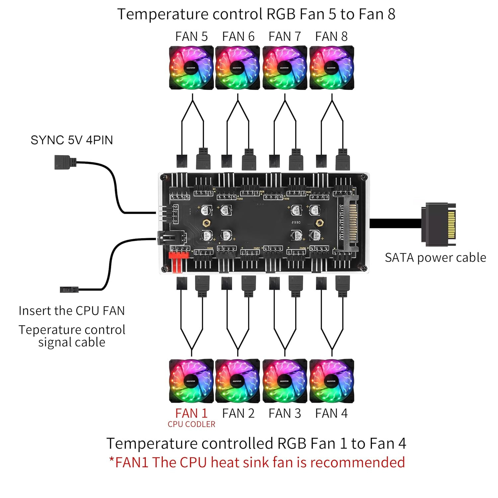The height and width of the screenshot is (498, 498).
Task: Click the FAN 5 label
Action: (191, 37)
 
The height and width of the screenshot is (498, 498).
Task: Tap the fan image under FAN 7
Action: (285, 68)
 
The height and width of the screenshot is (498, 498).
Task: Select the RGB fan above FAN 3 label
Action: (285, 381)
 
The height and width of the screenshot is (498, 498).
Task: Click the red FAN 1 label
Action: (191, 413)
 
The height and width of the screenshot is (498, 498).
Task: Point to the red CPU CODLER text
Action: (191, 424)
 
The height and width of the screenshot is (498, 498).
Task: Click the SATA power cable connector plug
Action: (438, 225)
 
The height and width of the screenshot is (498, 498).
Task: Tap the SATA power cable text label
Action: (435, 258)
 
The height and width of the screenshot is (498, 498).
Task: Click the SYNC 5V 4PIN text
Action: (72, 140)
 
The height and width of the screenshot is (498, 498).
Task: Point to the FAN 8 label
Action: (331, 37)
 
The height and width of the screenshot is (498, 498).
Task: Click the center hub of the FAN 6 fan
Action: (237, 68)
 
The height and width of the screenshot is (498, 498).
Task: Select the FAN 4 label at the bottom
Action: (331, 413)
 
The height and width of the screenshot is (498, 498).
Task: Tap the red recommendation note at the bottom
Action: (257, 462)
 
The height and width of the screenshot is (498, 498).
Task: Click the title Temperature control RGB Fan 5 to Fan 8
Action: (256, 14)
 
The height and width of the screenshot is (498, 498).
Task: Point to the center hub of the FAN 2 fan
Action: (237, 381)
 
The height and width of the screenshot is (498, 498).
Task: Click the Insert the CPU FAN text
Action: (72, 311)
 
